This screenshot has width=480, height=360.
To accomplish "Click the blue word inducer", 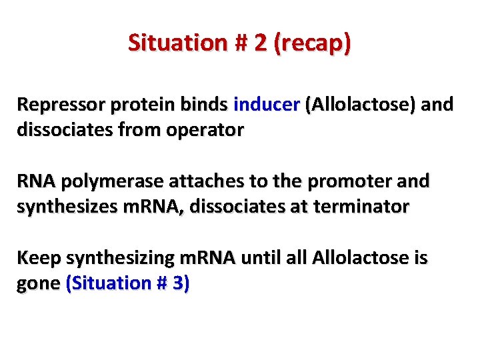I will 267,105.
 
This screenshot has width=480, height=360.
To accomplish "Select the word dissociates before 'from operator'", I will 68,130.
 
